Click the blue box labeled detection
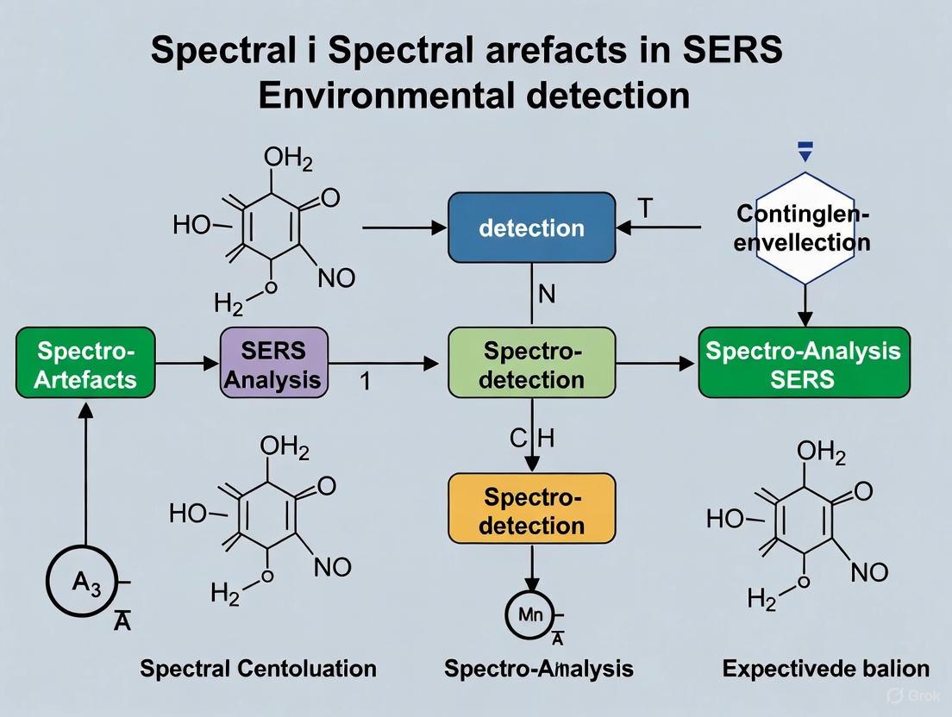(x=531, y=228)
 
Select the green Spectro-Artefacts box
(x=85, y=363)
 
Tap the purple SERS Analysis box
(x=274, y=363)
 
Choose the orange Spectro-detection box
(x=532, y=511)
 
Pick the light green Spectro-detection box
(x=532, y=363)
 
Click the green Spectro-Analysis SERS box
(x=803, y=363)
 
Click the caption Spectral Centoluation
(x=258, y=668)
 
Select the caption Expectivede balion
(x=825, y=668)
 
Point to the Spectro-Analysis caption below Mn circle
(x=538, y=668)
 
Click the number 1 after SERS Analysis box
(x=365, y=380)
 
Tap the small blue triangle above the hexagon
(x=805, y=154)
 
